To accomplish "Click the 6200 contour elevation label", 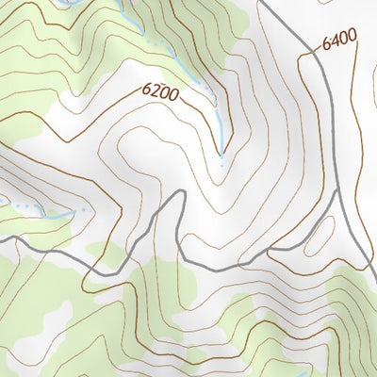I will pos(161,93).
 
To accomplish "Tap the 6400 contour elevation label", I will pos(339,41).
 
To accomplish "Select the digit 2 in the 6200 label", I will pos(156,91).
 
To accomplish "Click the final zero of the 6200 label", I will pos(174,97).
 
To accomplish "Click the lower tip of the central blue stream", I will pos(222,155).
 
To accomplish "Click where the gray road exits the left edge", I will pos(2,240).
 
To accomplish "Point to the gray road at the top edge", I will pos(264,3).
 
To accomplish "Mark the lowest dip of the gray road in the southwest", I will pos(90,277).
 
